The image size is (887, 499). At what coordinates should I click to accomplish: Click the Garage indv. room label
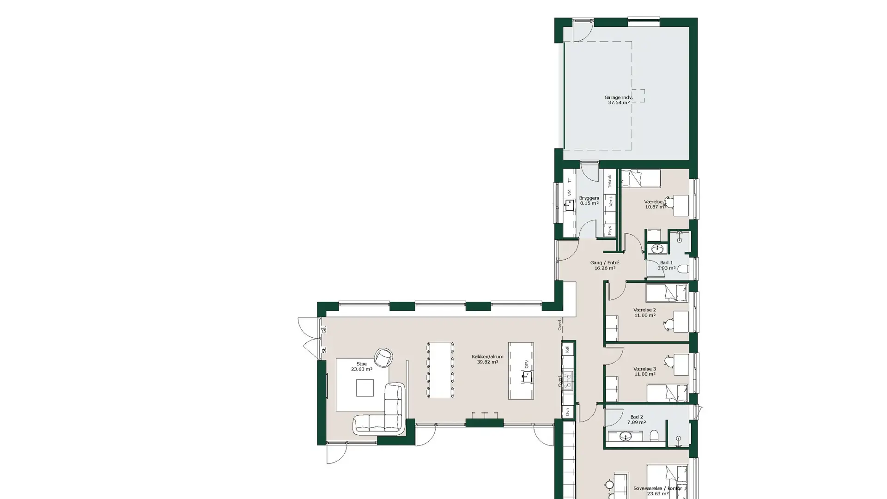coord(619,100)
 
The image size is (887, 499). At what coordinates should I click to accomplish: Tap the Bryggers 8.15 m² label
coord(589,201)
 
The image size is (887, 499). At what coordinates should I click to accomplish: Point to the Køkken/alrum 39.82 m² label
coord(487,359)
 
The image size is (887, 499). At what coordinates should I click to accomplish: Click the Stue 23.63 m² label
coord(361,366)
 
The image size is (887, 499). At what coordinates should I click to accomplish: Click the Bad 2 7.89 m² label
coord(636,420)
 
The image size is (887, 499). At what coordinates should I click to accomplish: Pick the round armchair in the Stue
coord(383,357)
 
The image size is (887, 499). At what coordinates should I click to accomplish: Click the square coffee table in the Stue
coord(365,388)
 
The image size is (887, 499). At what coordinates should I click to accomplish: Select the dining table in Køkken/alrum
coord(440,370)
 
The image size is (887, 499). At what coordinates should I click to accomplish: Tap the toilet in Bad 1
coord(683,269)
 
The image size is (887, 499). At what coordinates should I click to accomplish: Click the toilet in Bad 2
coord(654,436)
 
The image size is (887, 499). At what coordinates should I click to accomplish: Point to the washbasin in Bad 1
coord(657,249)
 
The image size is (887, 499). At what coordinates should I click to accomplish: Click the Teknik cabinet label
coord(610,181)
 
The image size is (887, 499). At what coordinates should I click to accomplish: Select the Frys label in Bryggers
coord(610,230)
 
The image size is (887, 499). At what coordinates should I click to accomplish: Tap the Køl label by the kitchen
coord(568,349)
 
